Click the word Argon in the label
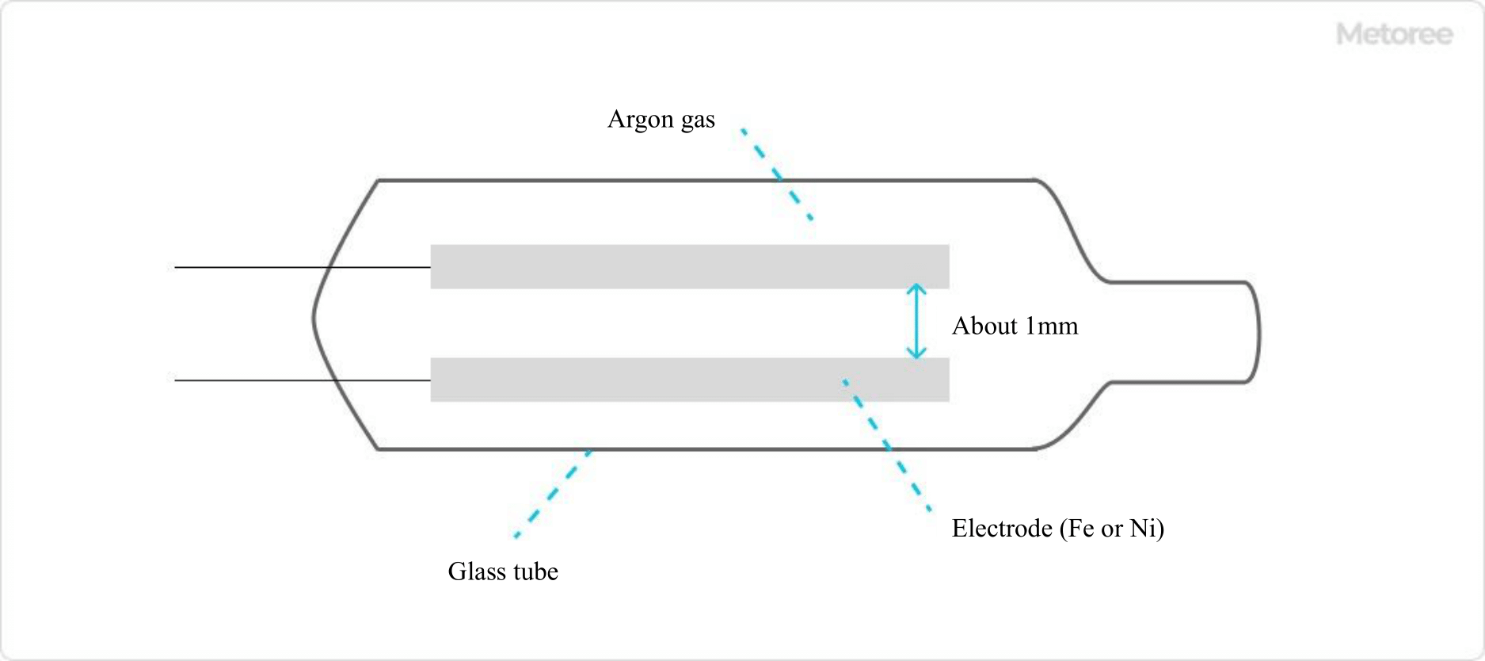[640, 120]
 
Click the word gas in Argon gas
[698, 120]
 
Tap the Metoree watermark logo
[1394, 34]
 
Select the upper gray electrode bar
[689, 266]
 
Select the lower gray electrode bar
[689, 380]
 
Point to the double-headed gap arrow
[916, 322]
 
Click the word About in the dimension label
[984, 326]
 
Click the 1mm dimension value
[1052, 326]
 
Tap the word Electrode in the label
[1002, 529]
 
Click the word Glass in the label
[473, 571]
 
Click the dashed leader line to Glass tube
[552, 494]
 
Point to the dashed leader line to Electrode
[888, 446]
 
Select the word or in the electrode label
[1112, 529]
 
